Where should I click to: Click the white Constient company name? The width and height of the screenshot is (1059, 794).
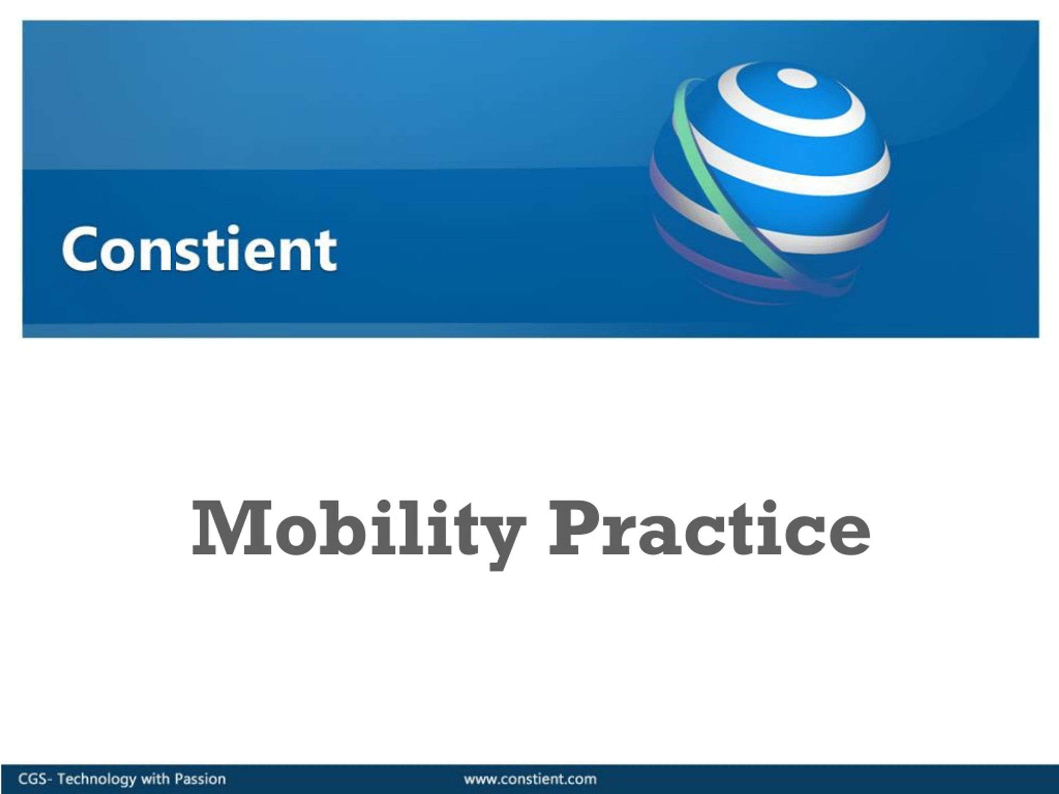pos(199,249)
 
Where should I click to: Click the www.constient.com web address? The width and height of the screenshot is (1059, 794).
pos(530,779)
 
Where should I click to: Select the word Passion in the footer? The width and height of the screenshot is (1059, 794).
pos(200,779)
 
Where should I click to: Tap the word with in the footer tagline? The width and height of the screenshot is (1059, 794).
pos(155,779)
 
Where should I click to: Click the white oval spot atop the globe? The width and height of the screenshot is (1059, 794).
pos(796,78)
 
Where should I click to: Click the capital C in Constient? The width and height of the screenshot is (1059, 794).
pos(79,249)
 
